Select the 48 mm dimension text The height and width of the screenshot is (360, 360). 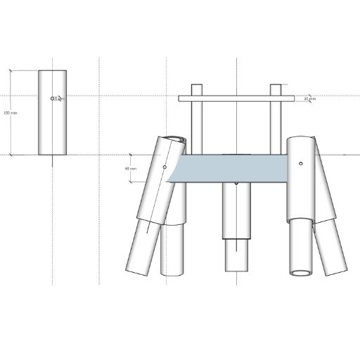pos(129,169)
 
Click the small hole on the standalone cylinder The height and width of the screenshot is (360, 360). pos(53,98)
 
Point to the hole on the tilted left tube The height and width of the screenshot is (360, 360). pos(165,167)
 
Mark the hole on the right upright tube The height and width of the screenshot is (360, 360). pos(300,164)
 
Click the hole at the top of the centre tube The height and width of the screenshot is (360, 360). pos(237,184)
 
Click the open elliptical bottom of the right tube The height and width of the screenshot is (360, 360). pos(302,272)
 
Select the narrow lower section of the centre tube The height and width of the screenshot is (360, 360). pos(237,255)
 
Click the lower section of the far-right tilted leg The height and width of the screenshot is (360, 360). pos(331,246)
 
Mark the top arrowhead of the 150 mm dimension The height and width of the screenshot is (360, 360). pos(11,72)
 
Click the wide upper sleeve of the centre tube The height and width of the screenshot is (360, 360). pos(237,211)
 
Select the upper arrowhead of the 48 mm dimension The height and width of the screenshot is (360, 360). pos(131,154)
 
